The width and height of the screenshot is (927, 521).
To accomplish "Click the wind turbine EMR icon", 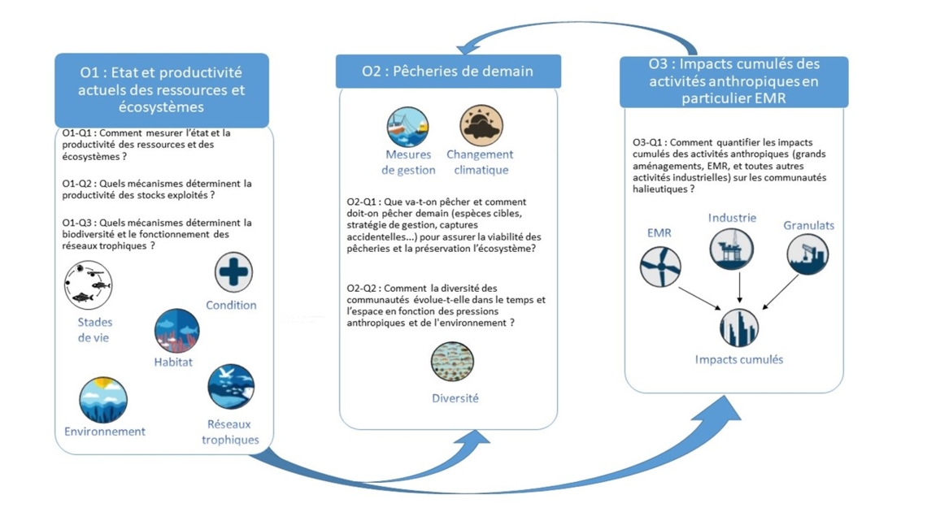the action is tap(659, 267).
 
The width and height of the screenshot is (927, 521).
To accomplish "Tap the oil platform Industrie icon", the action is tap(731, 249).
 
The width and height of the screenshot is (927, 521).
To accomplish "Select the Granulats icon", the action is tap(807, 254).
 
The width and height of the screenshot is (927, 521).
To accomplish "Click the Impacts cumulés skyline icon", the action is tap(739, 328).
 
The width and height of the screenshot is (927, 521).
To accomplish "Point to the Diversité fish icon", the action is tap(452, 362).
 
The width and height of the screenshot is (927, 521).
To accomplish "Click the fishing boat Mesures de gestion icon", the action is tap(407, 127).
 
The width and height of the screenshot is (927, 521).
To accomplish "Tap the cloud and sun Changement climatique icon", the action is tap(481, 126).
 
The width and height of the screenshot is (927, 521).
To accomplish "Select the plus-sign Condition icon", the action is tap(233, 272).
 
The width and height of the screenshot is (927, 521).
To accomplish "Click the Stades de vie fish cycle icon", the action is tap(88, 285).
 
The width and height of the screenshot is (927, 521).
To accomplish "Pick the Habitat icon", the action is tap(176, 331).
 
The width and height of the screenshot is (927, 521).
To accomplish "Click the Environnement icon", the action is tap(103, 400).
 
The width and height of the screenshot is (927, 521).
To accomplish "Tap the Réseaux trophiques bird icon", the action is tap(231, 387).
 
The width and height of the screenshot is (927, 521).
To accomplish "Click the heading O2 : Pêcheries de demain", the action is tap(447, 71).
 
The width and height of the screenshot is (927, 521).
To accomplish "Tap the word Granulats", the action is tap(809, 225).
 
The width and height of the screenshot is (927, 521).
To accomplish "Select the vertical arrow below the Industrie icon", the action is tap(740, 288).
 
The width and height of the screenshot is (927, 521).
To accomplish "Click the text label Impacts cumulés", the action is tap(739, 360).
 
